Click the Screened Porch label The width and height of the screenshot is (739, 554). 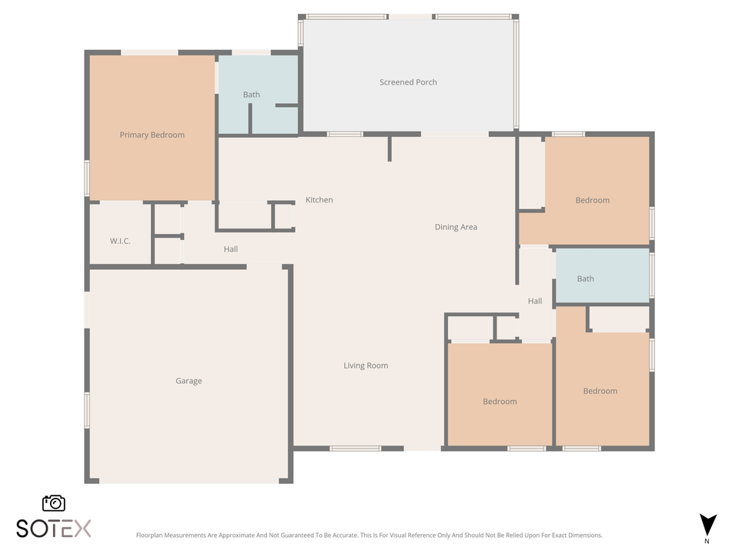tap(408, 82)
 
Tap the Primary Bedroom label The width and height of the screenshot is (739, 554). tap(152, 135)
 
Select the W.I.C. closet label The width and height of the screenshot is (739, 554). tap(120, 241)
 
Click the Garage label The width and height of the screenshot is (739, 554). tap(189, 381)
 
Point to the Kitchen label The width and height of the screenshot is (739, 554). tap(319, 200)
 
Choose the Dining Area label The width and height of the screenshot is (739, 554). tap(456, 227)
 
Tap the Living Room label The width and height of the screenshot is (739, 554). tap(366, 365)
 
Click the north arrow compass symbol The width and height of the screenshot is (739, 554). tap(707, 525)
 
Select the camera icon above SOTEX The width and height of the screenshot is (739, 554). tap(54, 503)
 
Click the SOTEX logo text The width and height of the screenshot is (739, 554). tap(54, 529)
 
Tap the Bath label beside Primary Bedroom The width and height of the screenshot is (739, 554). tap(251, 95)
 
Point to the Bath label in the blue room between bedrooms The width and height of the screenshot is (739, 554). tap(585, 279)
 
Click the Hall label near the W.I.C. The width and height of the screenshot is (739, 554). tap(231, 249)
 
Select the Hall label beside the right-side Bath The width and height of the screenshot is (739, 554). tap(534, 301)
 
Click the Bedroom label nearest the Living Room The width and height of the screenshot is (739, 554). tap(500, 402)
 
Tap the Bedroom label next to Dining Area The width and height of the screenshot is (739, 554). tap(592, 200)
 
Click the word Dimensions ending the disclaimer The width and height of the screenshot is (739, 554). tap(584, 535)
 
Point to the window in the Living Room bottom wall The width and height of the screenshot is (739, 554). tap(355, 448)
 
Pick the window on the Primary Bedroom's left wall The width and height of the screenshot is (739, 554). tap(87, 178)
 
